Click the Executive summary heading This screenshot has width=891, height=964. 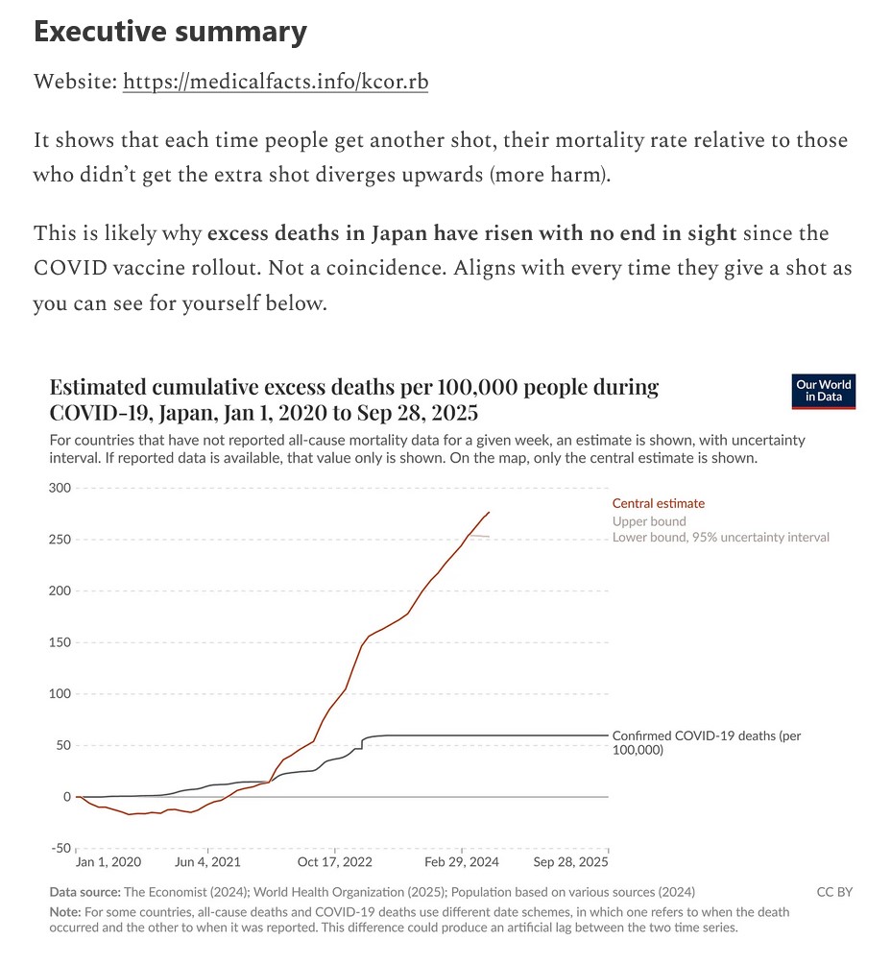tap(170, 33)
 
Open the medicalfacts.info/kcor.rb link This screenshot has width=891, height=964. tap(276, 83)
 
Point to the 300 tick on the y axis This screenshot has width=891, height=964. tap(60, 488)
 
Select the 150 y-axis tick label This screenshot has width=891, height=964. tap(60, 642)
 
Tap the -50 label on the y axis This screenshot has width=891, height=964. tap(60, 848)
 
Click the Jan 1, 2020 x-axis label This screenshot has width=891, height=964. tap(108, 862)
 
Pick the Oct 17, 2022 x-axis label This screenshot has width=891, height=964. tap(334, 862)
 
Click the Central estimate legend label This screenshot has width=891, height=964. tap(658, 503)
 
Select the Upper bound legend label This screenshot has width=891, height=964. tap(649, 521)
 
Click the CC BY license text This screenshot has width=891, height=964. tap(834, 892)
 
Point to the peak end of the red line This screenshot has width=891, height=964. tap(489, 512)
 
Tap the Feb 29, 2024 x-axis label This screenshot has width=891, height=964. tap(463, 862)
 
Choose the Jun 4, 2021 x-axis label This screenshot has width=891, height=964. tap(206, 862)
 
